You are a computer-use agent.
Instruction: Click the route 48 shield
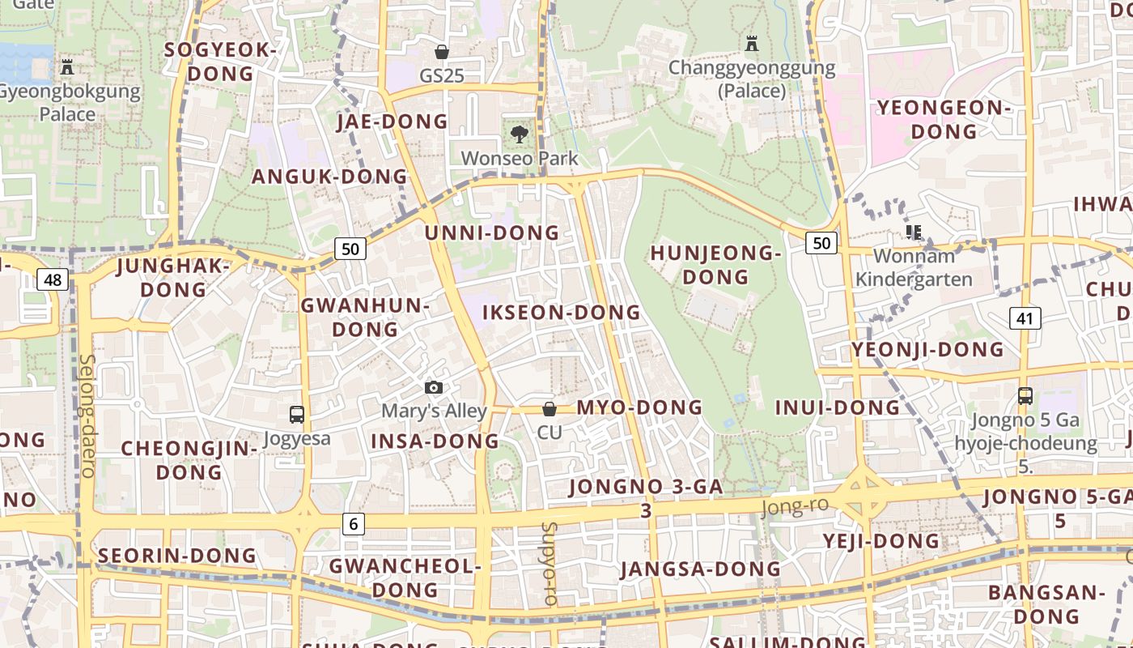[x=53, y=280]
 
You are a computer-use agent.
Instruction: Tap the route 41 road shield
[x=1025, y=318]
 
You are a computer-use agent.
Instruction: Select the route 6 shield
[x=353, y=524]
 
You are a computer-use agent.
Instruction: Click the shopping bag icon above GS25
[x=442, y=52]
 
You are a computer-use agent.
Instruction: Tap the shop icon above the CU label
[x=550, y=409]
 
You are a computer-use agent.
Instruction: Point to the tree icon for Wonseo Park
[x=520, y=134]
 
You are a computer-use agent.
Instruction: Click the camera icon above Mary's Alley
[x=434, y=388]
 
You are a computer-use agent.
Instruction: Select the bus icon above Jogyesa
[x=297, y=415]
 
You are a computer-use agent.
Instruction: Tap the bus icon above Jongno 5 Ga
[x=1025, y=396]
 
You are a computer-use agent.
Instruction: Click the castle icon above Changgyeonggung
[x=752, y=44]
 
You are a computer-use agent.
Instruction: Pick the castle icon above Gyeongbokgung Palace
[x=67, y=67]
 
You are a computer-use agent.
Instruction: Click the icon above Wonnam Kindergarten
[x=914, y=233]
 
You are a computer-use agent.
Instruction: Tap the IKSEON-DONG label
[x=561, y=313]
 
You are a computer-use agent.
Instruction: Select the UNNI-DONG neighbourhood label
[x=492, y=233]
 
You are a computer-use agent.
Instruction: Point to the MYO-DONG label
[x=639, y=407]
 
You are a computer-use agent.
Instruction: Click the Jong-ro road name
[x=795, y=507]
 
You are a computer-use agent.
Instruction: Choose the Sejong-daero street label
[x=87, y=415]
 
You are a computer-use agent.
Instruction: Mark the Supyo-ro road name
[x=550, y=564]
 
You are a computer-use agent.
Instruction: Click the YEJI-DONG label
[x=881, y=541]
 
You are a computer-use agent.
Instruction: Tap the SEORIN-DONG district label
[x=176, y=556]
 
